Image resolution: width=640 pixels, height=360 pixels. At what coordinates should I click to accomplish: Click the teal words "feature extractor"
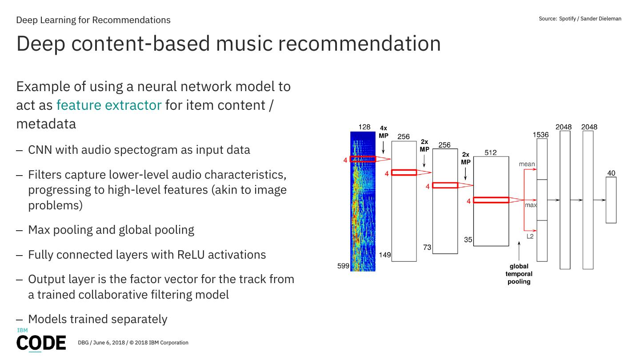pyautogui.click(x=108, y=105)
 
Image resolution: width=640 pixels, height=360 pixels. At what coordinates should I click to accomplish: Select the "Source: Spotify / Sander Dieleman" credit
pyautogui.click(x=580, y=19)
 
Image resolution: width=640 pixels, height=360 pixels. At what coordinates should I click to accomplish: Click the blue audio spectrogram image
pyautogui.click(x=363, y=213)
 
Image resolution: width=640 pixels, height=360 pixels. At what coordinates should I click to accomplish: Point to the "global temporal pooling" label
pyautogui.click(x=519, y=274)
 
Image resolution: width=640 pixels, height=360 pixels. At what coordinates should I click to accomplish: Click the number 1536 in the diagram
pyautogui.click(x=540, y=135)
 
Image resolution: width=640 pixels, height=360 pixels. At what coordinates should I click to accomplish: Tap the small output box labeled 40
pyautogui.click(x=611, y=200)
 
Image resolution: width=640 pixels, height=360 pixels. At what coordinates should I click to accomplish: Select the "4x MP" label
pyautogui.click(x=384, y=132)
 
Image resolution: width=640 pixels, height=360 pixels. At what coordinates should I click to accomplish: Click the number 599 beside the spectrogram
pyautogui.click(x=343, y=266)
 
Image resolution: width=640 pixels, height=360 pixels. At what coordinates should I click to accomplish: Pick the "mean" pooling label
pyautogui.click(x=527, y=164)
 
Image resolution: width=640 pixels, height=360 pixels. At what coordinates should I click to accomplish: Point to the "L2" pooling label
pyautogui.click(x=530, y=236)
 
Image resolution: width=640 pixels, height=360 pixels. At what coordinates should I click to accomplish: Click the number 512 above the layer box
pyautogui.click(x=491, y=152)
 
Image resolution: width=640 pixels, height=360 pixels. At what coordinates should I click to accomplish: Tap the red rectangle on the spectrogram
pyautogui.click(x=363, y=159)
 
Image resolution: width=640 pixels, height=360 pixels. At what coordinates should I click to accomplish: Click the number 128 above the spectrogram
pyautogui.click(x=364, y=127)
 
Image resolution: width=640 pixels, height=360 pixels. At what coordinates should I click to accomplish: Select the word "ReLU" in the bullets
pyautogui.click(x=190, y=255)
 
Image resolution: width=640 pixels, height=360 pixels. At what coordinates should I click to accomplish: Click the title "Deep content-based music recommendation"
pyautogui.click(x=228, y=44)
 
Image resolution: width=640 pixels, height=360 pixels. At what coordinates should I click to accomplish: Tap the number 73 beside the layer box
pyautogui.click(x=427, y=248)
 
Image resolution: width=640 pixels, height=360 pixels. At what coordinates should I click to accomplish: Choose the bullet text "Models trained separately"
pyautogui.click(x=98, y=319)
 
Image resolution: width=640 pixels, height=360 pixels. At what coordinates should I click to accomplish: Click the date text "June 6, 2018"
pyautogui.click(x=108, y=343)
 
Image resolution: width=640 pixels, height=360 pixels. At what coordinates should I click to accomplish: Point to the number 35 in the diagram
pyautogui.click(x=468, y=240)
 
